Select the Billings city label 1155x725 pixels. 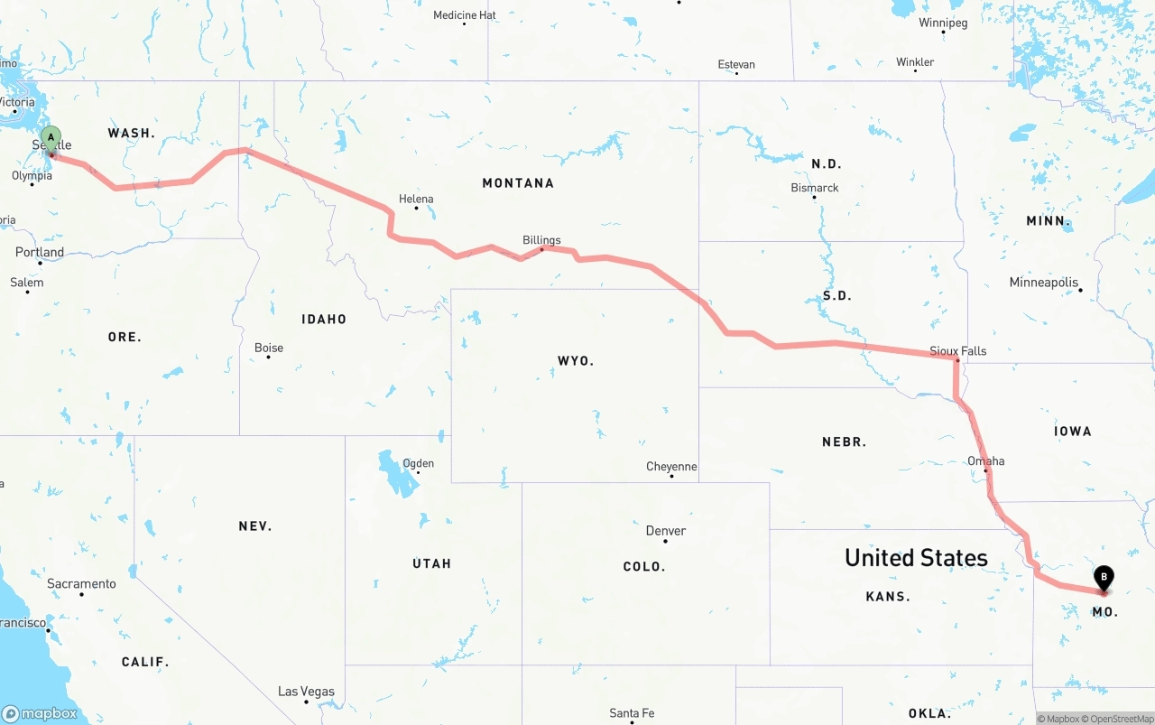541,240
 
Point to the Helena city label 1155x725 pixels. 416,199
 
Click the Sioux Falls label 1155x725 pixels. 958,350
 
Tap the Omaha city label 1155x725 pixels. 985,460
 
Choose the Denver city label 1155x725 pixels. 666,531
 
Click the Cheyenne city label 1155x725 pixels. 671,467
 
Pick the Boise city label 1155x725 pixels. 269,348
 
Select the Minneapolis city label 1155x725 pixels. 1044,283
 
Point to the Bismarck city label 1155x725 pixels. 815,188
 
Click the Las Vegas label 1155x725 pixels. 306,692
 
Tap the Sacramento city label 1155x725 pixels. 81,584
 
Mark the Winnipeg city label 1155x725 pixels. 943,23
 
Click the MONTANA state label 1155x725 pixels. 518,183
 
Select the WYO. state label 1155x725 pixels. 576,361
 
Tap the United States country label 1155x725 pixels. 916,558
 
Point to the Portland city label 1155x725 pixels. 40,252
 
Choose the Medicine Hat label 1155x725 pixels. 465,15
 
